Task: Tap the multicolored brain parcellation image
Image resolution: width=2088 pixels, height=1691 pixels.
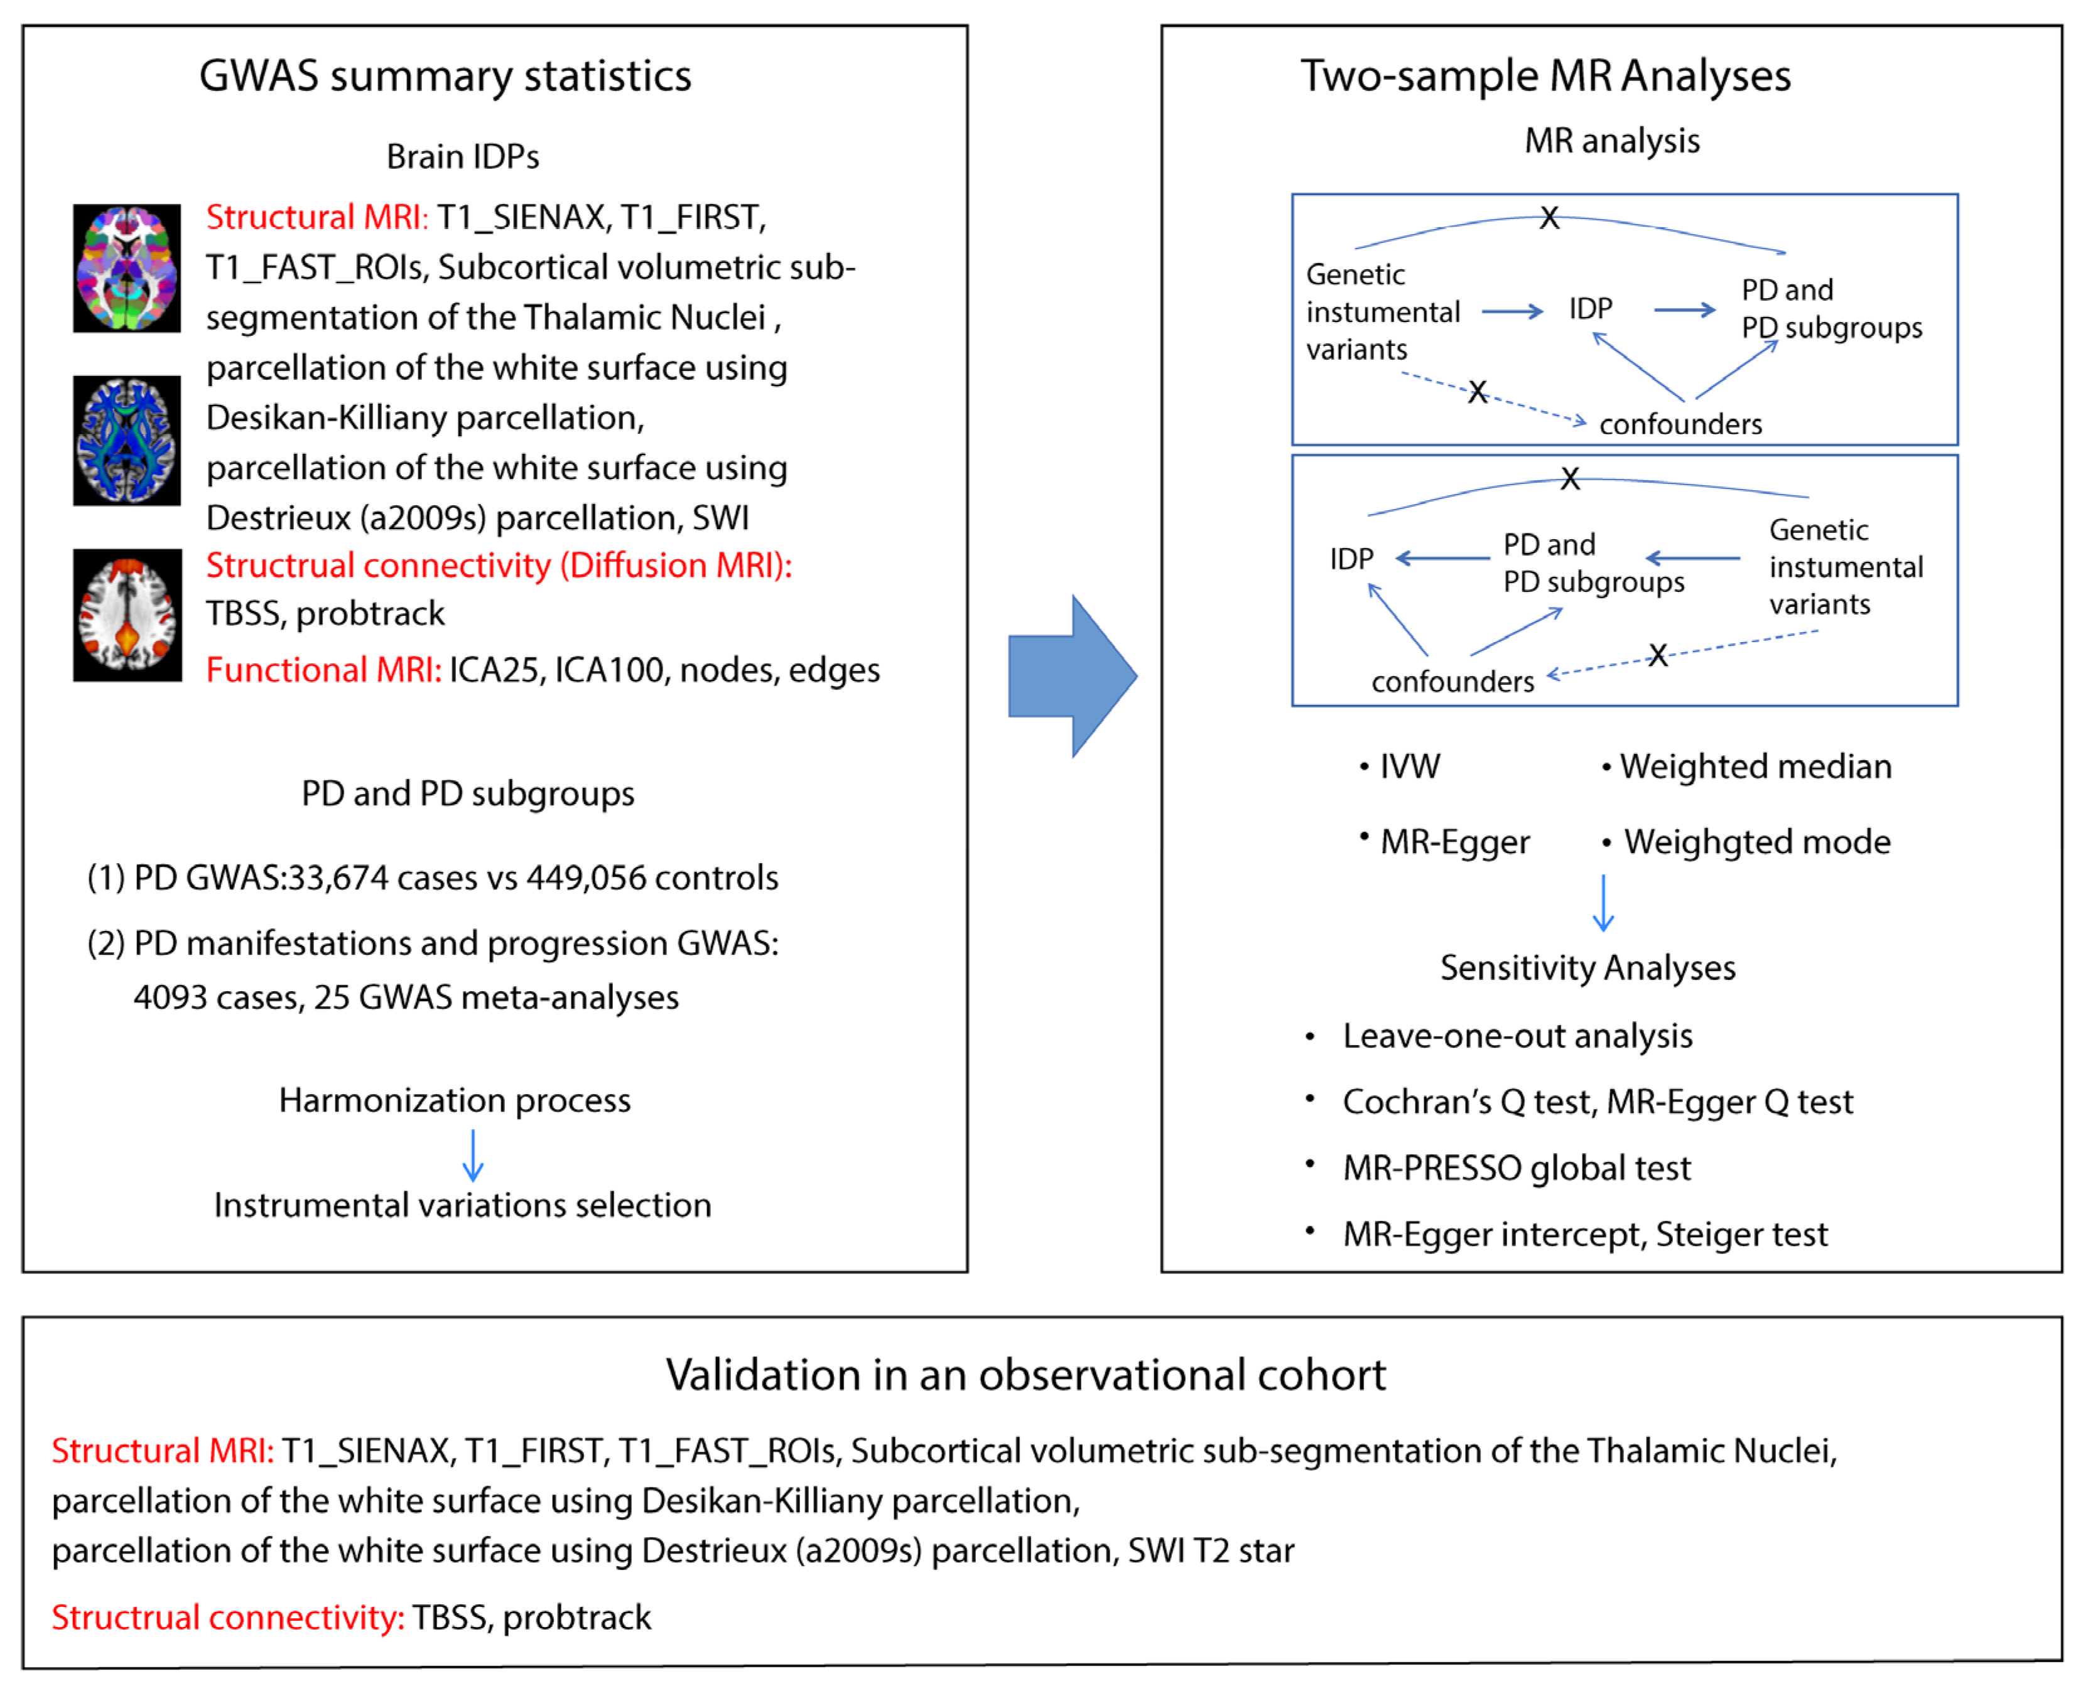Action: point(127,268)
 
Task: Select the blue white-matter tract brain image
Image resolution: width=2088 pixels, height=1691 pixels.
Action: point(127,440)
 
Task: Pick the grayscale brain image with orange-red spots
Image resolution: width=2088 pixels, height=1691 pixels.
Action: point(127,615)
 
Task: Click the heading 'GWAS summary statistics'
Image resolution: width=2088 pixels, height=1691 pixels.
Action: point(445,76)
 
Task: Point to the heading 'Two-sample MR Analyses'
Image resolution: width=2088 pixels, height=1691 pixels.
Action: point(1545,76)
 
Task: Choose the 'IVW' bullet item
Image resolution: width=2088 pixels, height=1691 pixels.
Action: point(1409,766)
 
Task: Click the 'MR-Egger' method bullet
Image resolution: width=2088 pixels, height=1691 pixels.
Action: point(1454,842)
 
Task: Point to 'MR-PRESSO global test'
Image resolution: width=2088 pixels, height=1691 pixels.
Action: point(1516,1168)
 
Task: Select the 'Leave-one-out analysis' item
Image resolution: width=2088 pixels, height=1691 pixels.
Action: point(1517,1036)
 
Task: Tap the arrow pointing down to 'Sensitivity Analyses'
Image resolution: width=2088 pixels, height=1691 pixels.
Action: point(1603,903)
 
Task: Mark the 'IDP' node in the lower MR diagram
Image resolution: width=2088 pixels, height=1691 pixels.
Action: point(1351,559)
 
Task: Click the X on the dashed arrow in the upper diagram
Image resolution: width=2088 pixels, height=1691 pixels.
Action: point(1477,392)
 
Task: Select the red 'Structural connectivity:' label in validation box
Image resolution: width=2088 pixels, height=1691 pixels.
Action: point(228,1617)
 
